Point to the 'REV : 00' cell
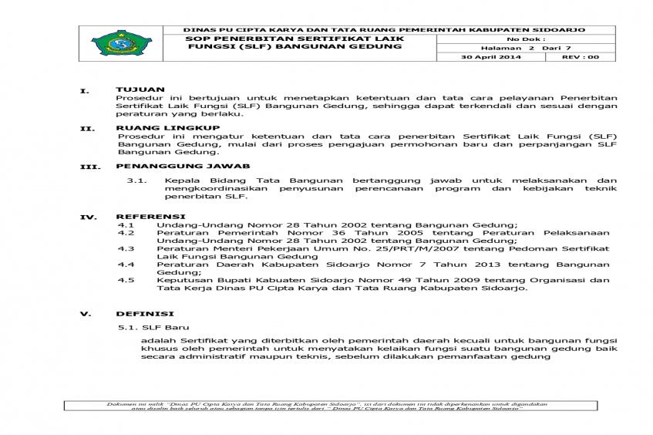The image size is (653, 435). click(x=579, y=57)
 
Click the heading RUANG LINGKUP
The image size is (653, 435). click(x=167, y=127)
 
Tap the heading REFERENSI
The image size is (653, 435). click(x=150, y=216)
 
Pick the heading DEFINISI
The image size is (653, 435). click(x=144, y=314)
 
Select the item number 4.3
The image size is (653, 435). click(x=126, y=248)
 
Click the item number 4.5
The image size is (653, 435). click(x=126, y=280)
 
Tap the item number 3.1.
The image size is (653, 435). click(x=136, y=180)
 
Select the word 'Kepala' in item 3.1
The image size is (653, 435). click(x=179, y=180)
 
